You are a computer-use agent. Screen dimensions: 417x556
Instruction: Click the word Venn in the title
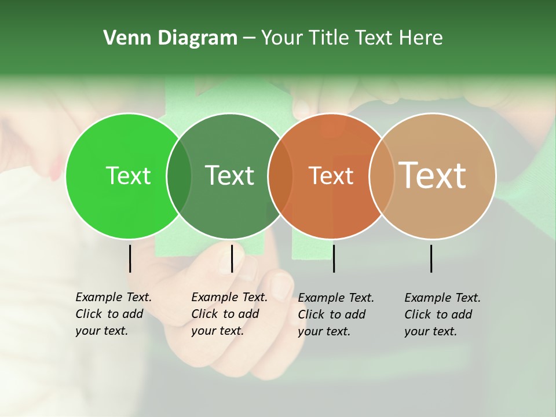[123, 38]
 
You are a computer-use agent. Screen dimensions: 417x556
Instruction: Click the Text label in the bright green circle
[128, 175]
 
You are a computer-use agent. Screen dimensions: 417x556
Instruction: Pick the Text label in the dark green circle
[229, 175]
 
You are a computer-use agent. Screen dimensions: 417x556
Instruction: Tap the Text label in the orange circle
[331, 175]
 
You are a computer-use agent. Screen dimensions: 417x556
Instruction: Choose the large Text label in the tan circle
[433, 175]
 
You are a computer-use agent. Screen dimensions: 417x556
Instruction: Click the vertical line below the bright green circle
[130, 258]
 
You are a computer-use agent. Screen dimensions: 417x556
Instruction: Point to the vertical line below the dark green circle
[232, 258]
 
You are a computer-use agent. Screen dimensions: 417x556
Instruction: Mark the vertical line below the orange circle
[334, 258]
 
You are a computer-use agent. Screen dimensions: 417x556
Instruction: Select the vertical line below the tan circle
[431, 258]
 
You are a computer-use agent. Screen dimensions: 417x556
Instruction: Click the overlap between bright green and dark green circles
[179, 175]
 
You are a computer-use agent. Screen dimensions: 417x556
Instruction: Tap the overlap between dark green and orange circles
[280, 175]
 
